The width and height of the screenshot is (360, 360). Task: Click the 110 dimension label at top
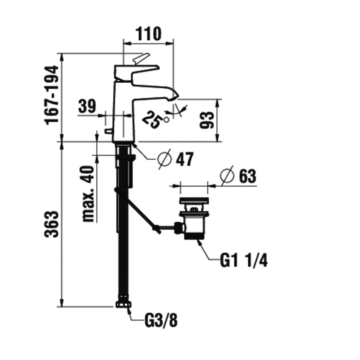(x=149, y=33)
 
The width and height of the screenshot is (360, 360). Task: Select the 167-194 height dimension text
(x=52, y=95)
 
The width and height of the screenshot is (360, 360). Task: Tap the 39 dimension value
(x=87, y=106)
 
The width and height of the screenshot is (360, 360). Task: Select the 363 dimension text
(x=52, y=224)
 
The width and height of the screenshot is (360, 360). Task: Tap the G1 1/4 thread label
(x=244, y=261)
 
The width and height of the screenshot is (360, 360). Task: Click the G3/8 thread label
(x=161, y=320)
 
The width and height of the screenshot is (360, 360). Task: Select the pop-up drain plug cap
(x=194, y=201)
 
